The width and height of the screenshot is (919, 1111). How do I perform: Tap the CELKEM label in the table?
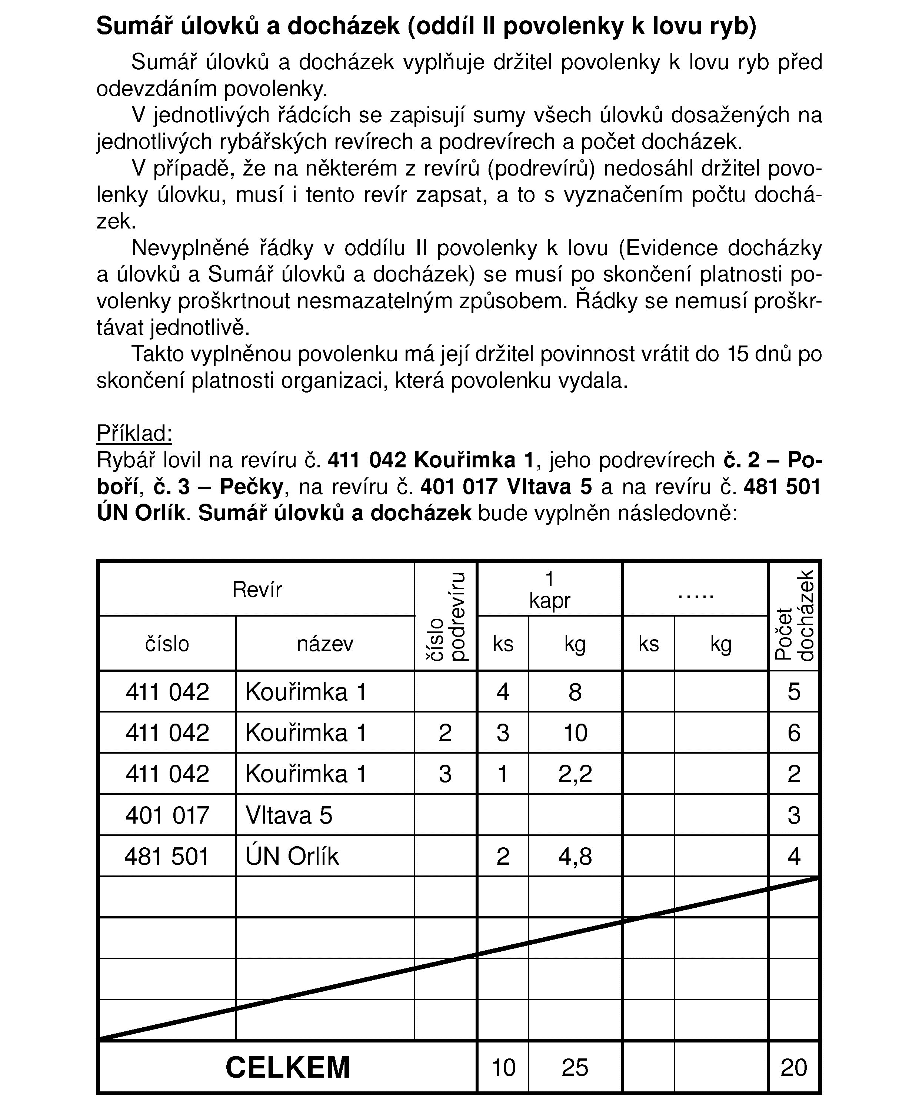[287, 1067]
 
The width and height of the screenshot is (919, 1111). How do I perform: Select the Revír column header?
[257, 589]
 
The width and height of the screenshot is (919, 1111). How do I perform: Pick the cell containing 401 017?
[167, 815]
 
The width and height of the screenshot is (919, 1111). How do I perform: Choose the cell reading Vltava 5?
[289, 815]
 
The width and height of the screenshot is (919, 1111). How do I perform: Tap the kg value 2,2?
[575, 774]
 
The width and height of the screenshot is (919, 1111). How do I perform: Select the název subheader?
[325, 644]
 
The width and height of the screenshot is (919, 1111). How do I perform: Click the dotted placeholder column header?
[696, 595]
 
